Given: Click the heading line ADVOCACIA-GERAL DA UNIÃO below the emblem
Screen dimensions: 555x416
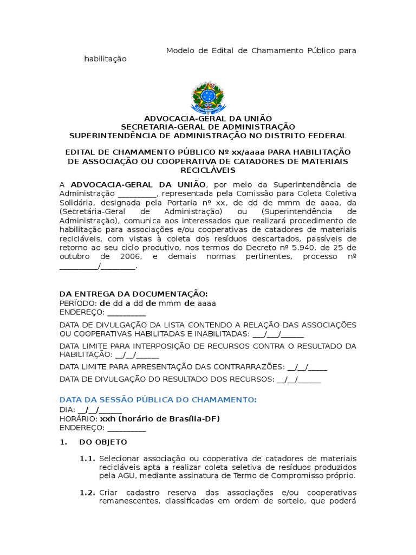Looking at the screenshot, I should click(x=207, y=119).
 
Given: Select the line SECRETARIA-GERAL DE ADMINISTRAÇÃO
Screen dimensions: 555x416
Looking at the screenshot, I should click(x=207, y=127).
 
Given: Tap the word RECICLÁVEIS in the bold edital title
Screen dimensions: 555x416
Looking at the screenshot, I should click(x=207, y=170).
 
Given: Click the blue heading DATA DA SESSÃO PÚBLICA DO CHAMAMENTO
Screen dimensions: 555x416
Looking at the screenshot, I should click(x=158, y=399).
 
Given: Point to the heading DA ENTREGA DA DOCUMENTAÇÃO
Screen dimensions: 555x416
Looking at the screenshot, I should click(x=133, y=293).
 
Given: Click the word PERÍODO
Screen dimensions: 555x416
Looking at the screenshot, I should click(x=77, y=303).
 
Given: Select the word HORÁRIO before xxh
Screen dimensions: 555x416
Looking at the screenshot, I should click(x=78, y=419).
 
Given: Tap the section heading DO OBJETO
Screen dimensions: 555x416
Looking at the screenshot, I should click(x=103, y=442).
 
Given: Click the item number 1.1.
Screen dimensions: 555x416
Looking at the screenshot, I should click(x=87, y=459).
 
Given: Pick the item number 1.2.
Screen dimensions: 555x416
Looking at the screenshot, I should click(x=87, y=493).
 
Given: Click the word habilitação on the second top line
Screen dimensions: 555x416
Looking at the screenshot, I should click(x=105, y=59).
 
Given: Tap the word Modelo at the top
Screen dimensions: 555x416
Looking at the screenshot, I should click(x=179, y=50).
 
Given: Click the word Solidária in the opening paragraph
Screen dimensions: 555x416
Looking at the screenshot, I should click(x=76, y=202).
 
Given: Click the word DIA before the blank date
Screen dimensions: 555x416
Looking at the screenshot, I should click(x=66, y=410).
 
